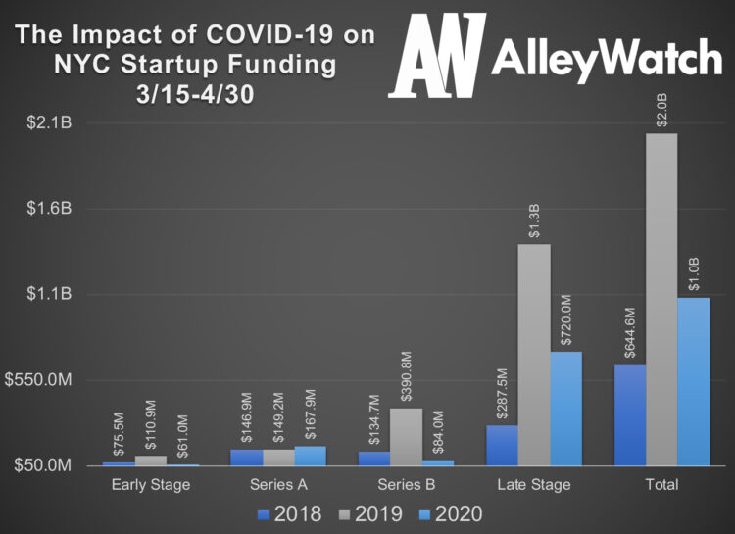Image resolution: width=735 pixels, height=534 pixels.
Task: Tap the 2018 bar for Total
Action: click(630, 415)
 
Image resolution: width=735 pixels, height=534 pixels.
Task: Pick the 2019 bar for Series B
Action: click(407, 436)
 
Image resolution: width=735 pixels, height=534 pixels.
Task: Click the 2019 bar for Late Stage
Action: click(534, 354)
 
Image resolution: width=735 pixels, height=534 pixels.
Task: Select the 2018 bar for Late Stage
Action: click(502, 445)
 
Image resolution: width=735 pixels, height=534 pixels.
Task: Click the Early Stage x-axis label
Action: click(150, 484)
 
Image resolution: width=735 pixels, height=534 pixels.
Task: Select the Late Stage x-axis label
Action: click(533, 484)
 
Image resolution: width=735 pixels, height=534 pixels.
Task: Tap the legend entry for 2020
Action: click(453, 513)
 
